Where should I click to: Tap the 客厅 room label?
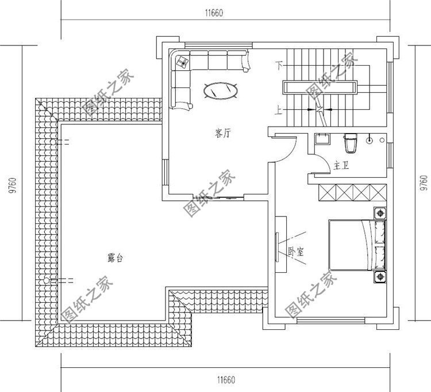tap(223, 134)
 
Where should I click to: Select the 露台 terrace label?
tap(115, 258)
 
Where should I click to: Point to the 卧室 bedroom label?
tap(295, 252)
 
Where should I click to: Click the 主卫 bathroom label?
tap(341, 166)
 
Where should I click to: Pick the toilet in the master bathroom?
tap(350, 140)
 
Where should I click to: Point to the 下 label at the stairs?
tap(279, 64)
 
